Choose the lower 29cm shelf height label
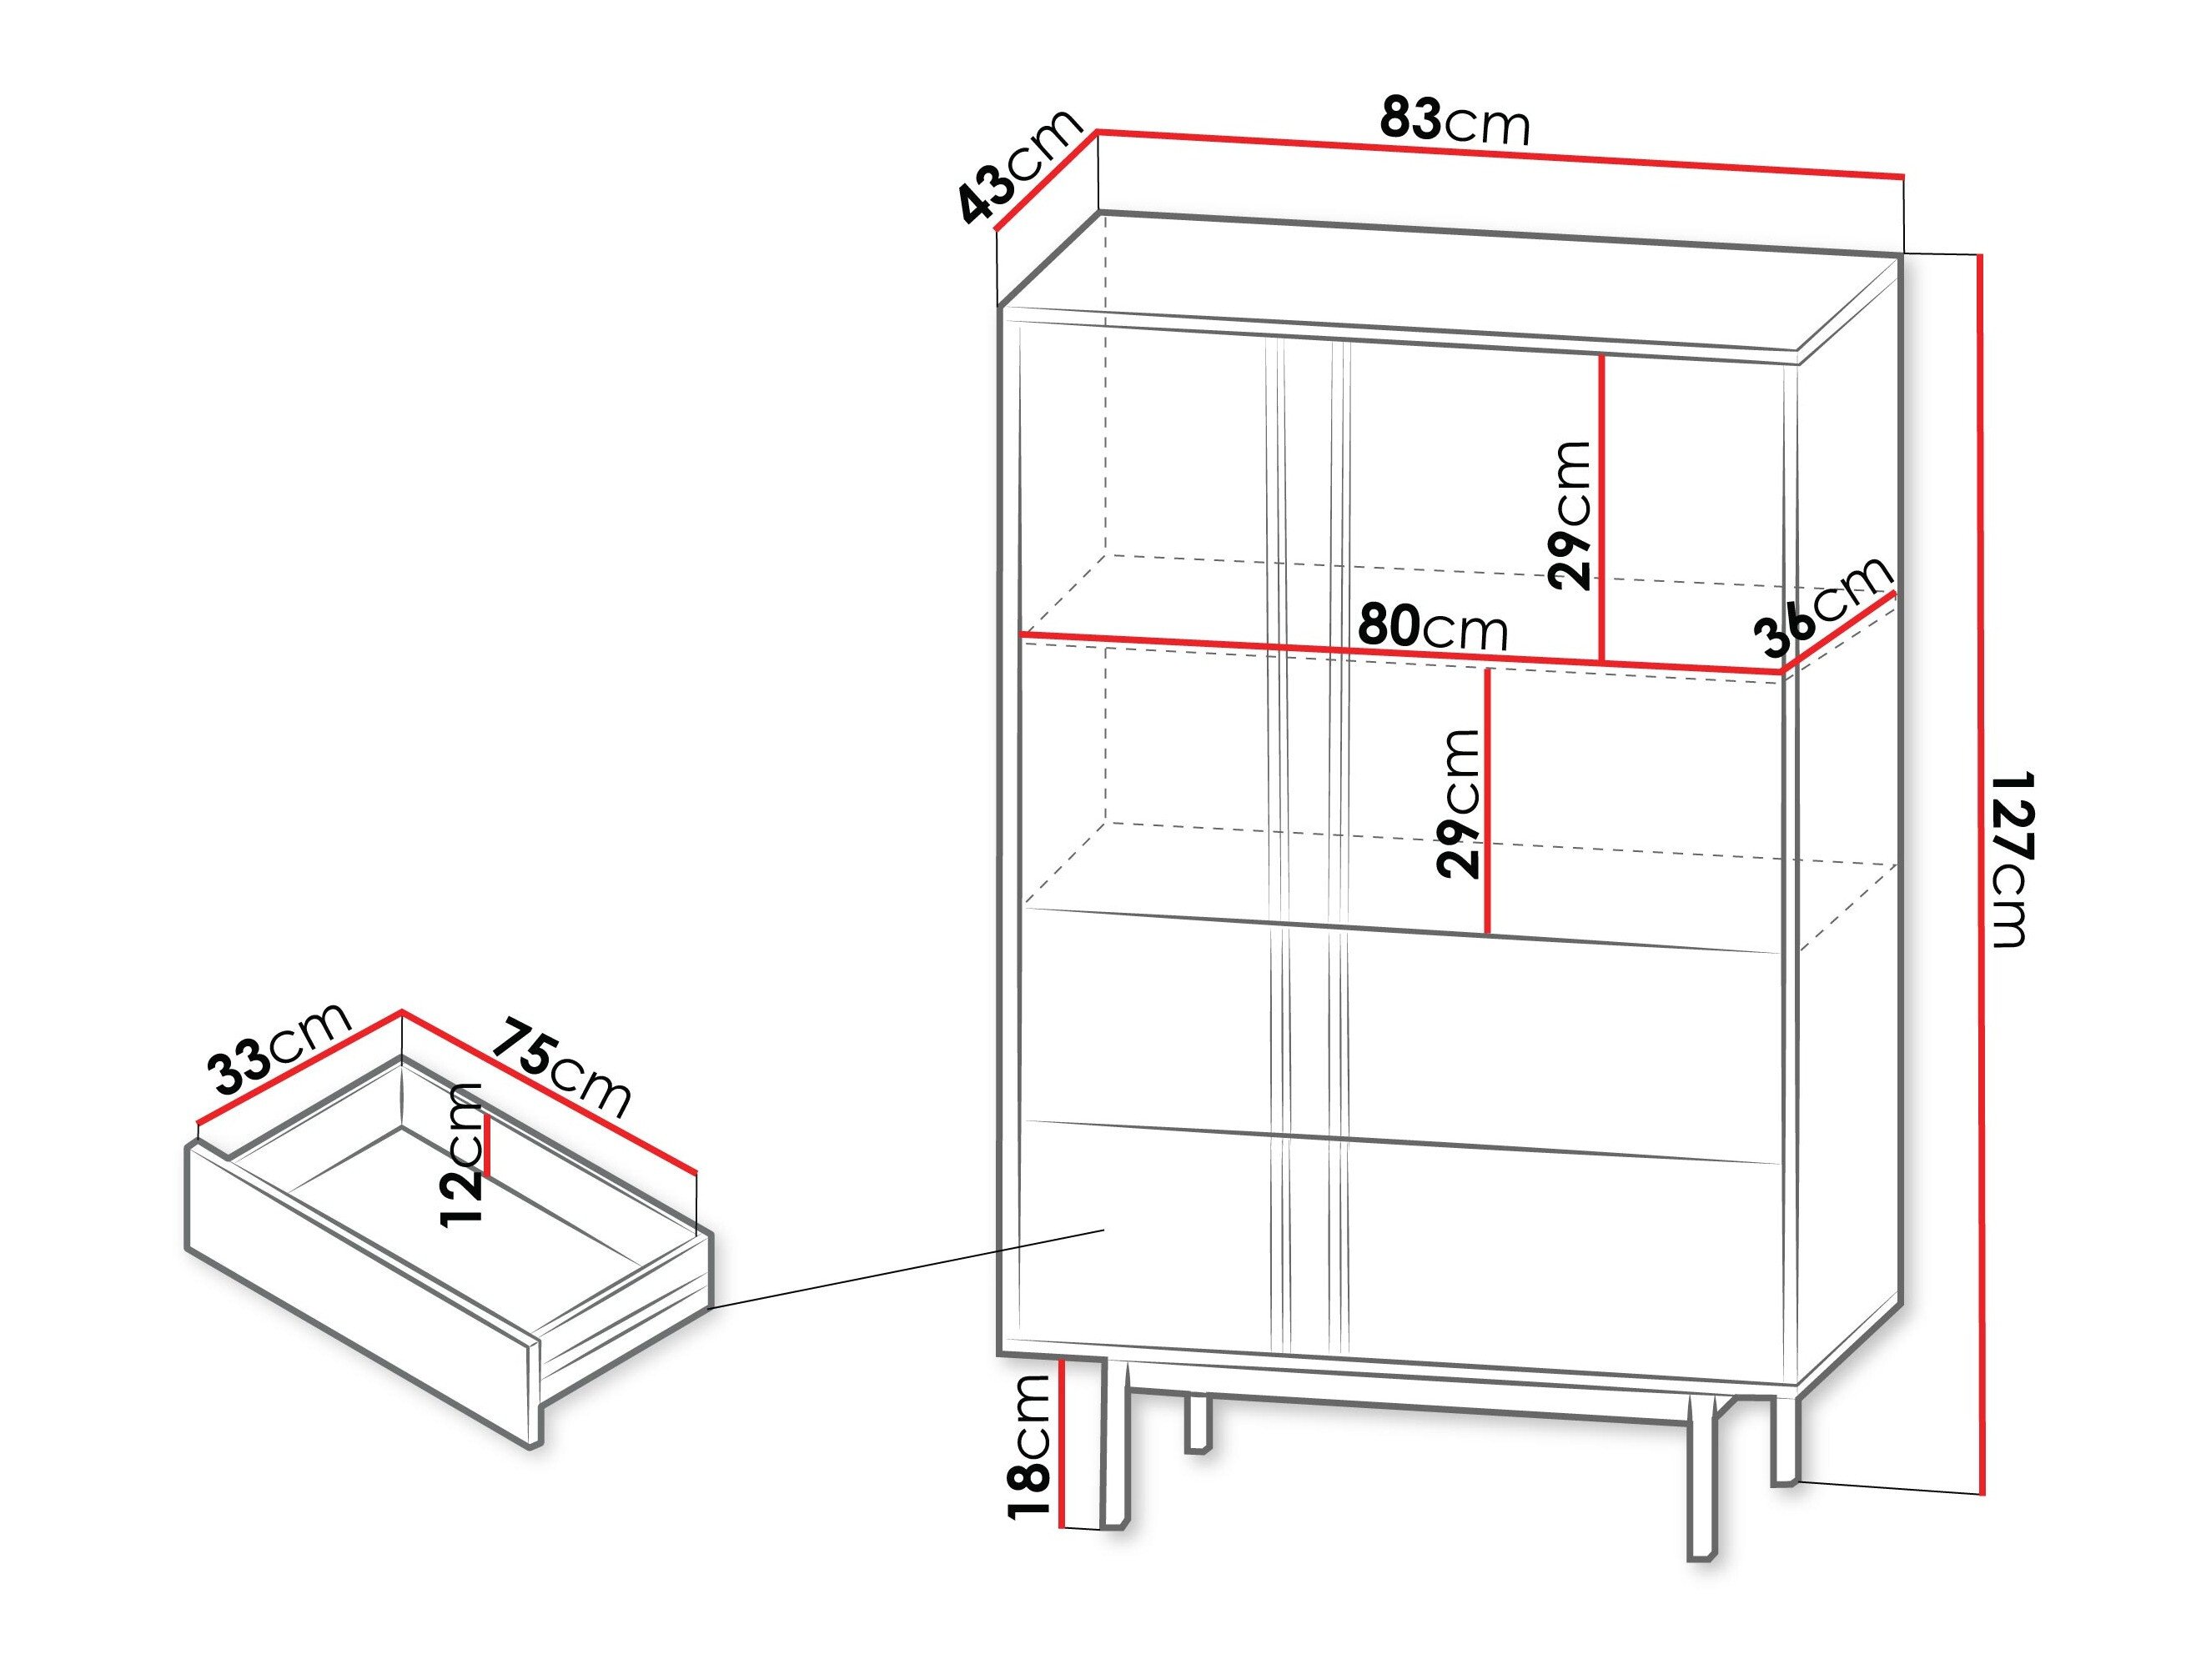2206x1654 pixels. tap(1458, 804)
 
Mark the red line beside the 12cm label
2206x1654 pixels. tap(488, 1145)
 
